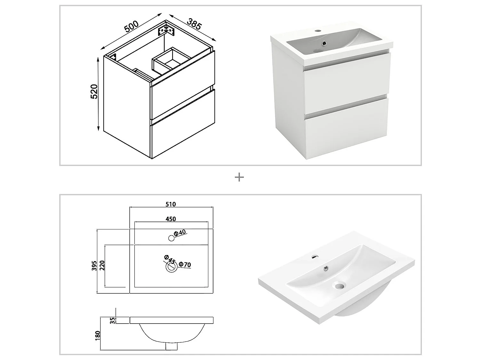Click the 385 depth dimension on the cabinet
coord(194,24)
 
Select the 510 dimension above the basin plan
coord(171,204)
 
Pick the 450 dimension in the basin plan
coord(171,219)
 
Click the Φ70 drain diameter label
coord(185,265)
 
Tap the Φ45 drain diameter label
coord(169,260)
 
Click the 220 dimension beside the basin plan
coord(102,265)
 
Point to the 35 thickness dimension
coord(112,320)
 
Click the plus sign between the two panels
coord(239,177)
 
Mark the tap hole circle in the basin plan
coord(172,238)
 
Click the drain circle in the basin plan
coord(171,268)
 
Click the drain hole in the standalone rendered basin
coord(340,284)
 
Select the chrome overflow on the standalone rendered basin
coord(326,268)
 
